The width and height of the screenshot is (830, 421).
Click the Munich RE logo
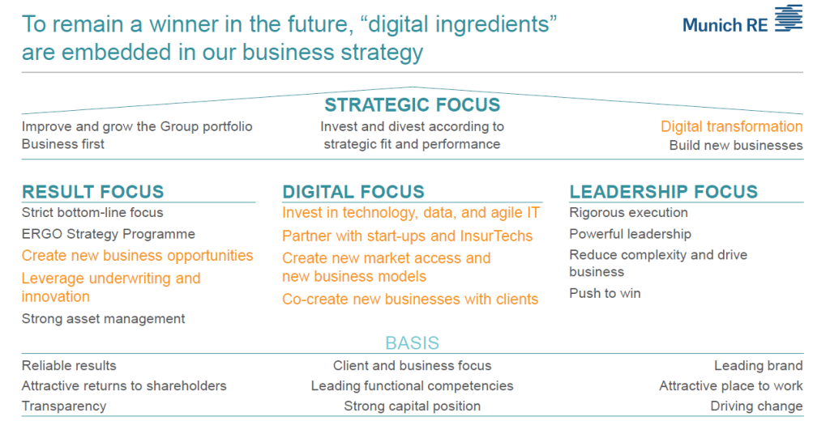742,20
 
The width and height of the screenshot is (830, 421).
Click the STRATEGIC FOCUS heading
413,104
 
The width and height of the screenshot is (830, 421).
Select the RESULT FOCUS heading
93,191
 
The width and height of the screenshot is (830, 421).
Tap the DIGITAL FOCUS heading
353,191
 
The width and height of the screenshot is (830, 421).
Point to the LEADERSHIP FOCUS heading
664,191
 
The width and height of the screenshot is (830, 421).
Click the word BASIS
413,342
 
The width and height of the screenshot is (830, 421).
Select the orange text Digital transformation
732,126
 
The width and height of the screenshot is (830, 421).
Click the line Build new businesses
736,146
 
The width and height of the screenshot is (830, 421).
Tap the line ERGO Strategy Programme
109,234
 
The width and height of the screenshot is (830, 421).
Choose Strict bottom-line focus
92,213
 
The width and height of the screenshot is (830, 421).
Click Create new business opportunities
138,256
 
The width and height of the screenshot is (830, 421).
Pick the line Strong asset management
103,319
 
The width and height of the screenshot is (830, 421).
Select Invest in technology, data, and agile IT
411,213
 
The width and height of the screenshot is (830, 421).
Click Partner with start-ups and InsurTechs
408,236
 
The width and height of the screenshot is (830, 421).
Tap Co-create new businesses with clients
410,300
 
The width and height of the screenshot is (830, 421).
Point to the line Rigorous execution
629,213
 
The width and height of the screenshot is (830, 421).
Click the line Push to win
605,294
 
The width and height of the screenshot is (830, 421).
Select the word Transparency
64,406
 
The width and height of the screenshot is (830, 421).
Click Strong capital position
413,406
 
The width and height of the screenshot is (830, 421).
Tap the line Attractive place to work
731,386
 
